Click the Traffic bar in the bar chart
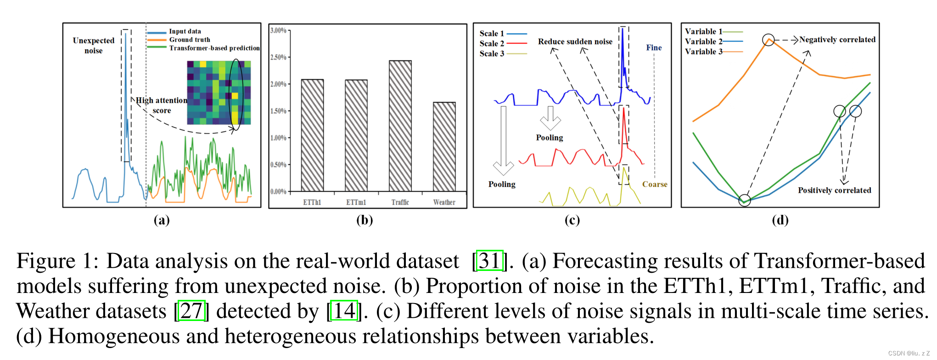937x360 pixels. tap(400, 126)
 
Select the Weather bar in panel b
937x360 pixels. tap(444, 146)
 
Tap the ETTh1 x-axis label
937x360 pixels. tap(312, 202)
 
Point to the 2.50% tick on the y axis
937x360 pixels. tap(278, 57)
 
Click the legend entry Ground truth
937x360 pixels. tap(189, 40)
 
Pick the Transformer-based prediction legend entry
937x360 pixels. tap(214, 48)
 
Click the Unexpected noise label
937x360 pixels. tap(93, 45)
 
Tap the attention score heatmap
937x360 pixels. tap(219, 92)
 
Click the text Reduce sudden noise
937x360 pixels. tap(575, 42)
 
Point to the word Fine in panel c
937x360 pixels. tap(654, 48)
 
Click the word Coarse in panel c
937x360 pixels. tap(654, 184)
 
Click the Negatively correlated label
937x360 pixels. tap(837, 40)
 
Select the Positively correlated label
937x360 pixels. tap(834, 190)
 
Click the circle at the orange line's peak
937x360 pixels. tap(768, 40)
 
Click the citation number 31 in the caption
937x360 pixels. tap(489, 261)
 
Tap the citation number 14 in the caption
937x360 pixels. tap(344, 311)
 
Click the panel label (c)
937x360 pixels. tap(572, 220)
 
